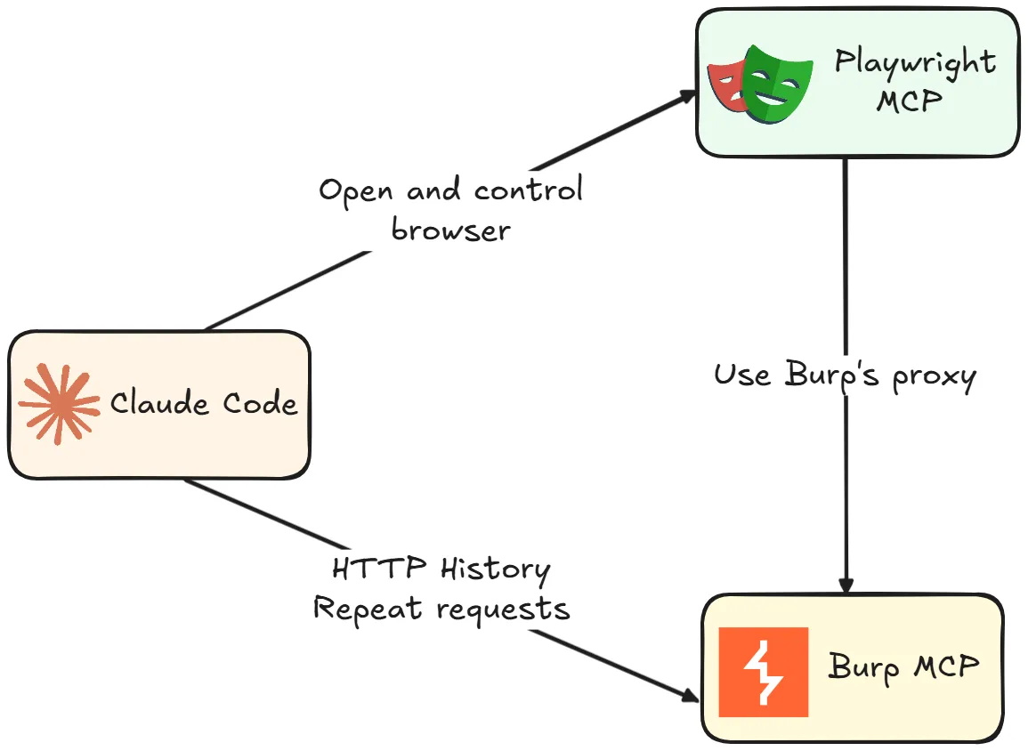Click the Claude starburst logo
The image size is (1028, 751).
point(59,404)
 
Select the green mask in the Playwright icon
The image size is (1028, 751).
point(778,85)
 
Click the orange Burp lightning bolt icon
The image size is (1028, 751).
point(763,672)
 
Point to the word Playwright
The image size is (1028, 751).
point(915,63)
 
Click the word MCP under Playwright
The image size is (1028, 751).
point(910,101)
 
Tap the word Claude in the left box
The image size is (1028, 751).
point(159,401)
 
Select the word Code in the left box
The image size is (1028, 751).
point(260,401)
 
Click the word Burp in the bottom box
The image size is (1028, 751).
point(863,667)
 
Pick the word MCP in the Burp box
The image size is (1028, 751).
point(946,666)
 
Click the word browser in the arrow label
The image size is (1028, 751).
point(451,230)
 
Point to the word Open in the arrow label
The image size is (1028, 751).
point(356,190)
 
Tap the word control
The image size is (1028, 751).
point(529,189)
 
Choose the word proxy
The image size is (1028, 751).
point(935,377)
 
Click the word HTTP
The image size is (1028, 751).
point(379,568)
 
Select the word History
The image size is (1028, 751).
point(495,570)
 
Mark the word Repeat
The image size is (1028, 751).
point(367,609)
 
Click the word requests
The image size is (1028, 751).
point(504,610)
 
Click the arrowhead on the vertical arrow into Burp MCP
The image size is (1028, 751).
point(846,585)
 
